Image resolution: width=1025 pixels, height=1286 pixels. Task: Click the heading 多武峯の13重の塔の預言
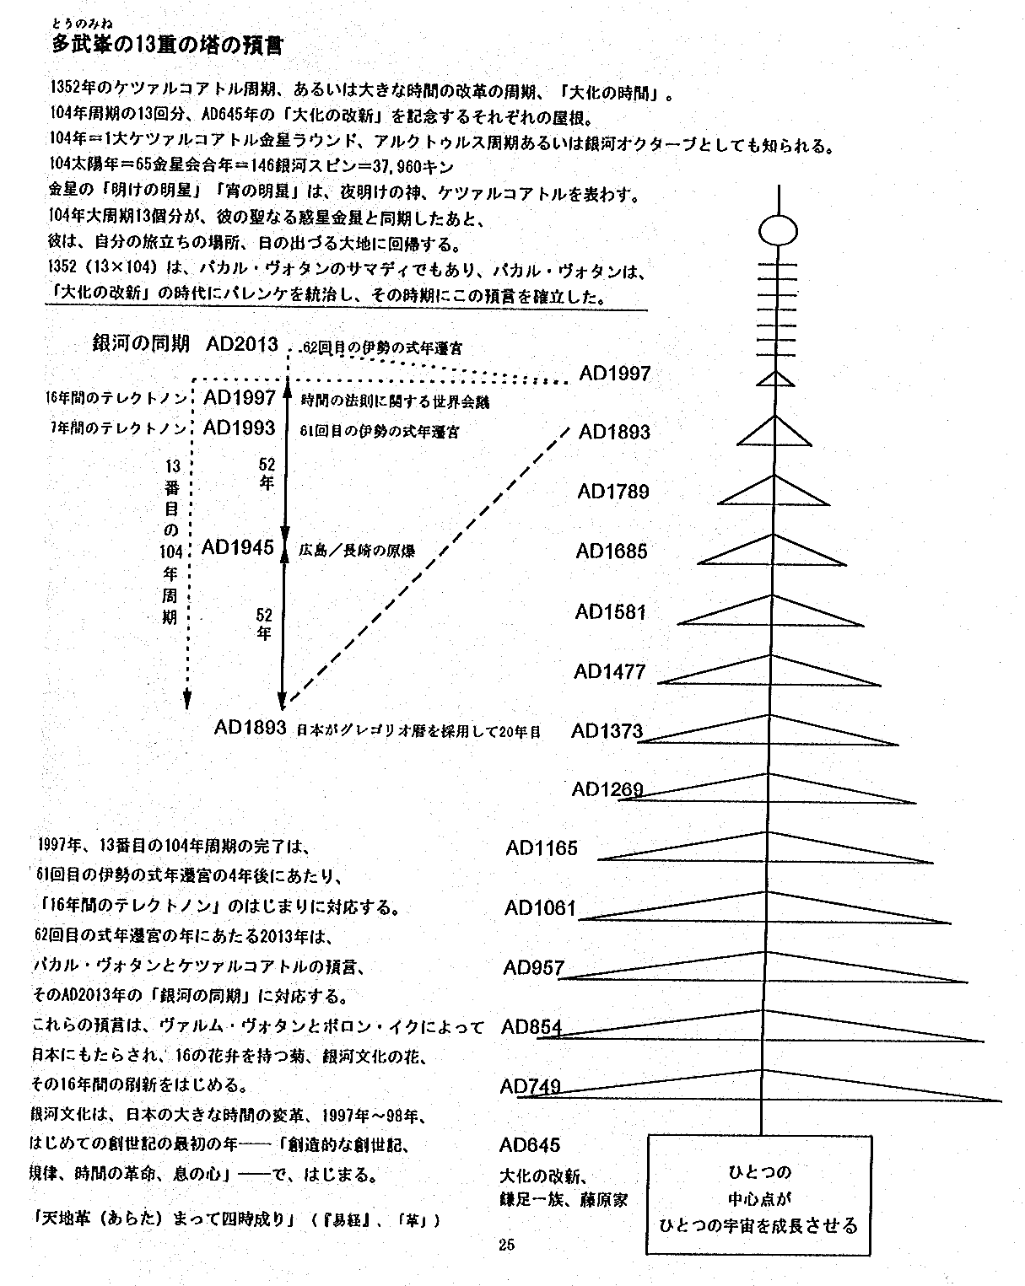point(167,46)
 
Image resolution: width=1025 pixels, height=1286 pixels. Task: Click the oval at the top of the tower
point(777,230)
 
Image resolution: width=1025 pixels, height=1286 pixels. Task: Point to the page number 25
point(506,1244)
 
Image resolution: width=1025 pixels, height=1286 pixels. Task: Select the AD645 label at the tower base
point(530,1144)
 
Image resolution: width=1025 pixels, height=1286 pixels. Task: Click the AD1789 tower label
point(613,492)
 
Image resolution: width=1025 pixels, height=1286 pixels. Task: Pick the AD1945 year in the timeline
point(238,548)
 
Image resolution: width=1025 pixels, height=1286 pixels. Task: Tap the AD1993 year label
point(240,428)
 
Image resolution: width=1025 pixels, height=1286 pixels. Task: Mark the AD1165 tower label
point(542,848)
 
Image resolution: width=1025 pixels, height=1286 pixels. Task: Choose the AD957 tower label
point(533,968)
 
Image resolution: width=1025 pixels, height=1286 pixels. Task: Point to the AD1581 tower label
point(611,611)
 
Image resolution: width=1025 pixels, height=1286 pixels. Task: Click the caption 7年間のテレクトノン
point(117,429)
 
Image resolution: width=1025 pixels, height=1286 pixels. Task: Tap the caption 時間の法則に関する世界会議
point(395,402)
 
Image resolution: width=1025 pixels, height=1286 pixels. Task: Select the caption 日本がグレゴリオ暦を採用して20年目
point(418,731)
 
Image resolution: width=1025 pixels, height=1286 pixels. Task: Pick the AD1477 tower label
point(610,671)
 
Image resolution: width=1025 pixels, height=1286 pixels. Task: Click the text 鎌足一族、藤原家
point(564,1199)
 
